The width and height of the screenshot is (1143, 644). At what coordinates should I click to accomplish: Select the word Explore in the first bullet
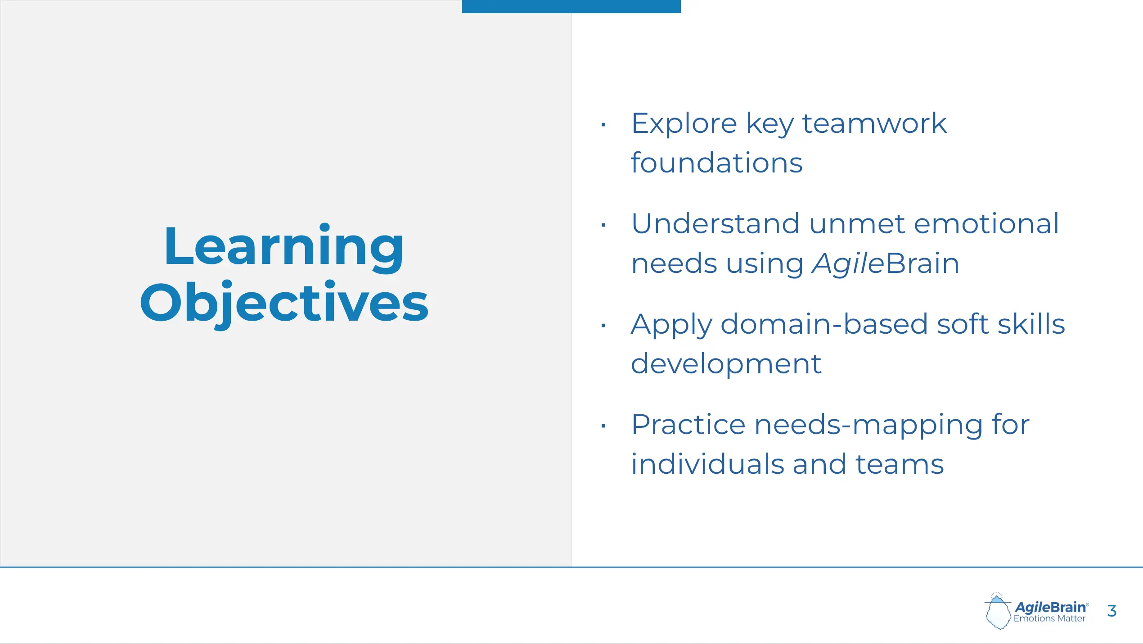pyautogui.click(x=684, y=124)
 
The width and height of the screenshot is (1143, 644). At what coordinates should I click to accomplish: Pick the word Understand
pyautogui.click(x=715, y=223)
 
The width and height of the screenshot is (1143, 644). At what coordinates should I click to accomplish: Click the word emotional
pyautogui.click(x=986, y=223)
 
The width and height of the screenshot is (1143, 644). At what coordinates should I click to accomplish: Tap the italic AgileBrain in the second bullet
pyautogui.click(x=886, y=263)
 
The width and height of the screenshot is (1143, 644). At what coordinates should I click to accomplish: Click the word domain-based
pyautogui.click(x=824, y=324)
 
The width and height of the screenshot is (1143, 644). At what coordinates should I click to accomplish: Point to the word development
pyautogui.click(x=726, y=363)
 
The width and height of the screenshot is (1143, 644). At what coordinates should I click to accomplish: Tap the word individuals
pyautogui.click(x=707, y=464)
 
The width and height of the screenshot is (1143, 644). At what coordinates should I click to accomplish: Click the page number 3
pyautogui.click(x=1112, y=611)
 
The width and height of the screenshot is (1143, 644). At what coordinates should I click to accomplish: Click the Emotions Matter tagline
pyautogui.click(x=1049, y=619)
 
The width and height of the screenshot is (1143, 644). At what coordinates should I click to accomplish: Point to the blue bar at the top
pyautogui.click(x=571, y=6)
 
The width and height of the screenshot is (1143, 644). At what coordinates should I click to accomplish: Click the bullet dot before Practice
pyautogui.click(x=603, y=426)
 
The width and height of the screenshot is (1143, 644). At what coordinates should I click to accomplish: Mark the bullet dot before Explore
pyautogui.click(x=603, y=124)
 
